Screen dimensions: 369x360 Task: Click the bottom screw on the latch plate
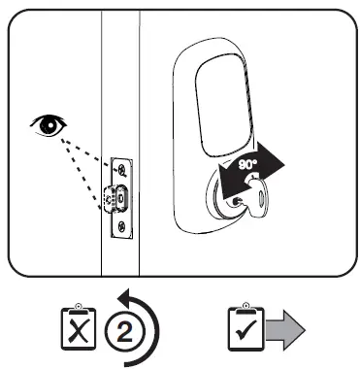click(x=119, y=228)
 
